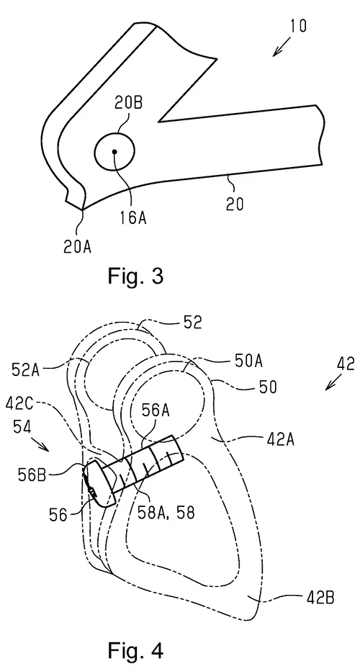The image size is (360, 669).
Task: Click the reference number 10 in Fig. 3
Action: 298,26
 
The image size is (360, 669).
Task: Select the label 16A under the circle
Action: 133,217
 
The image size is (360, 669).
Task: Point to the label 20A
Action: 78,246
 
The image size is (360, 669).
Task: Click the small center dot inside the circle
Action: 114,151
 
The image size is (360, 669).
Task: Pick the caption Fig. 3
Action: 135,276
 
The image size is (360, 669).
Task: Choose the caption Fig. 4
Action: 135,650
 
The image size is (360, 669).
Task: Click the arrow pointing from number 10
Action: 281,46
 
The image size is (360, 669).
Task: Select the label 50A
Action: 248,362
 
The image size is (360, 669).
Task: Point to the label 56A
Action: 158,411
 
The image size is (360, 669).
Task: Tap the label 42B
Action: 320,598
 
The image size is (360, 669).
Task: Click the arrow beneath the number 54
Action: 42,446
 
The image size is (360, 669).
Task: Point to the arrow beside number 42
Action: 334,380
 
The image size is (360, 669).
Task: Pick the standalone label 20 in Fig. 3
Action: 235,204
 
